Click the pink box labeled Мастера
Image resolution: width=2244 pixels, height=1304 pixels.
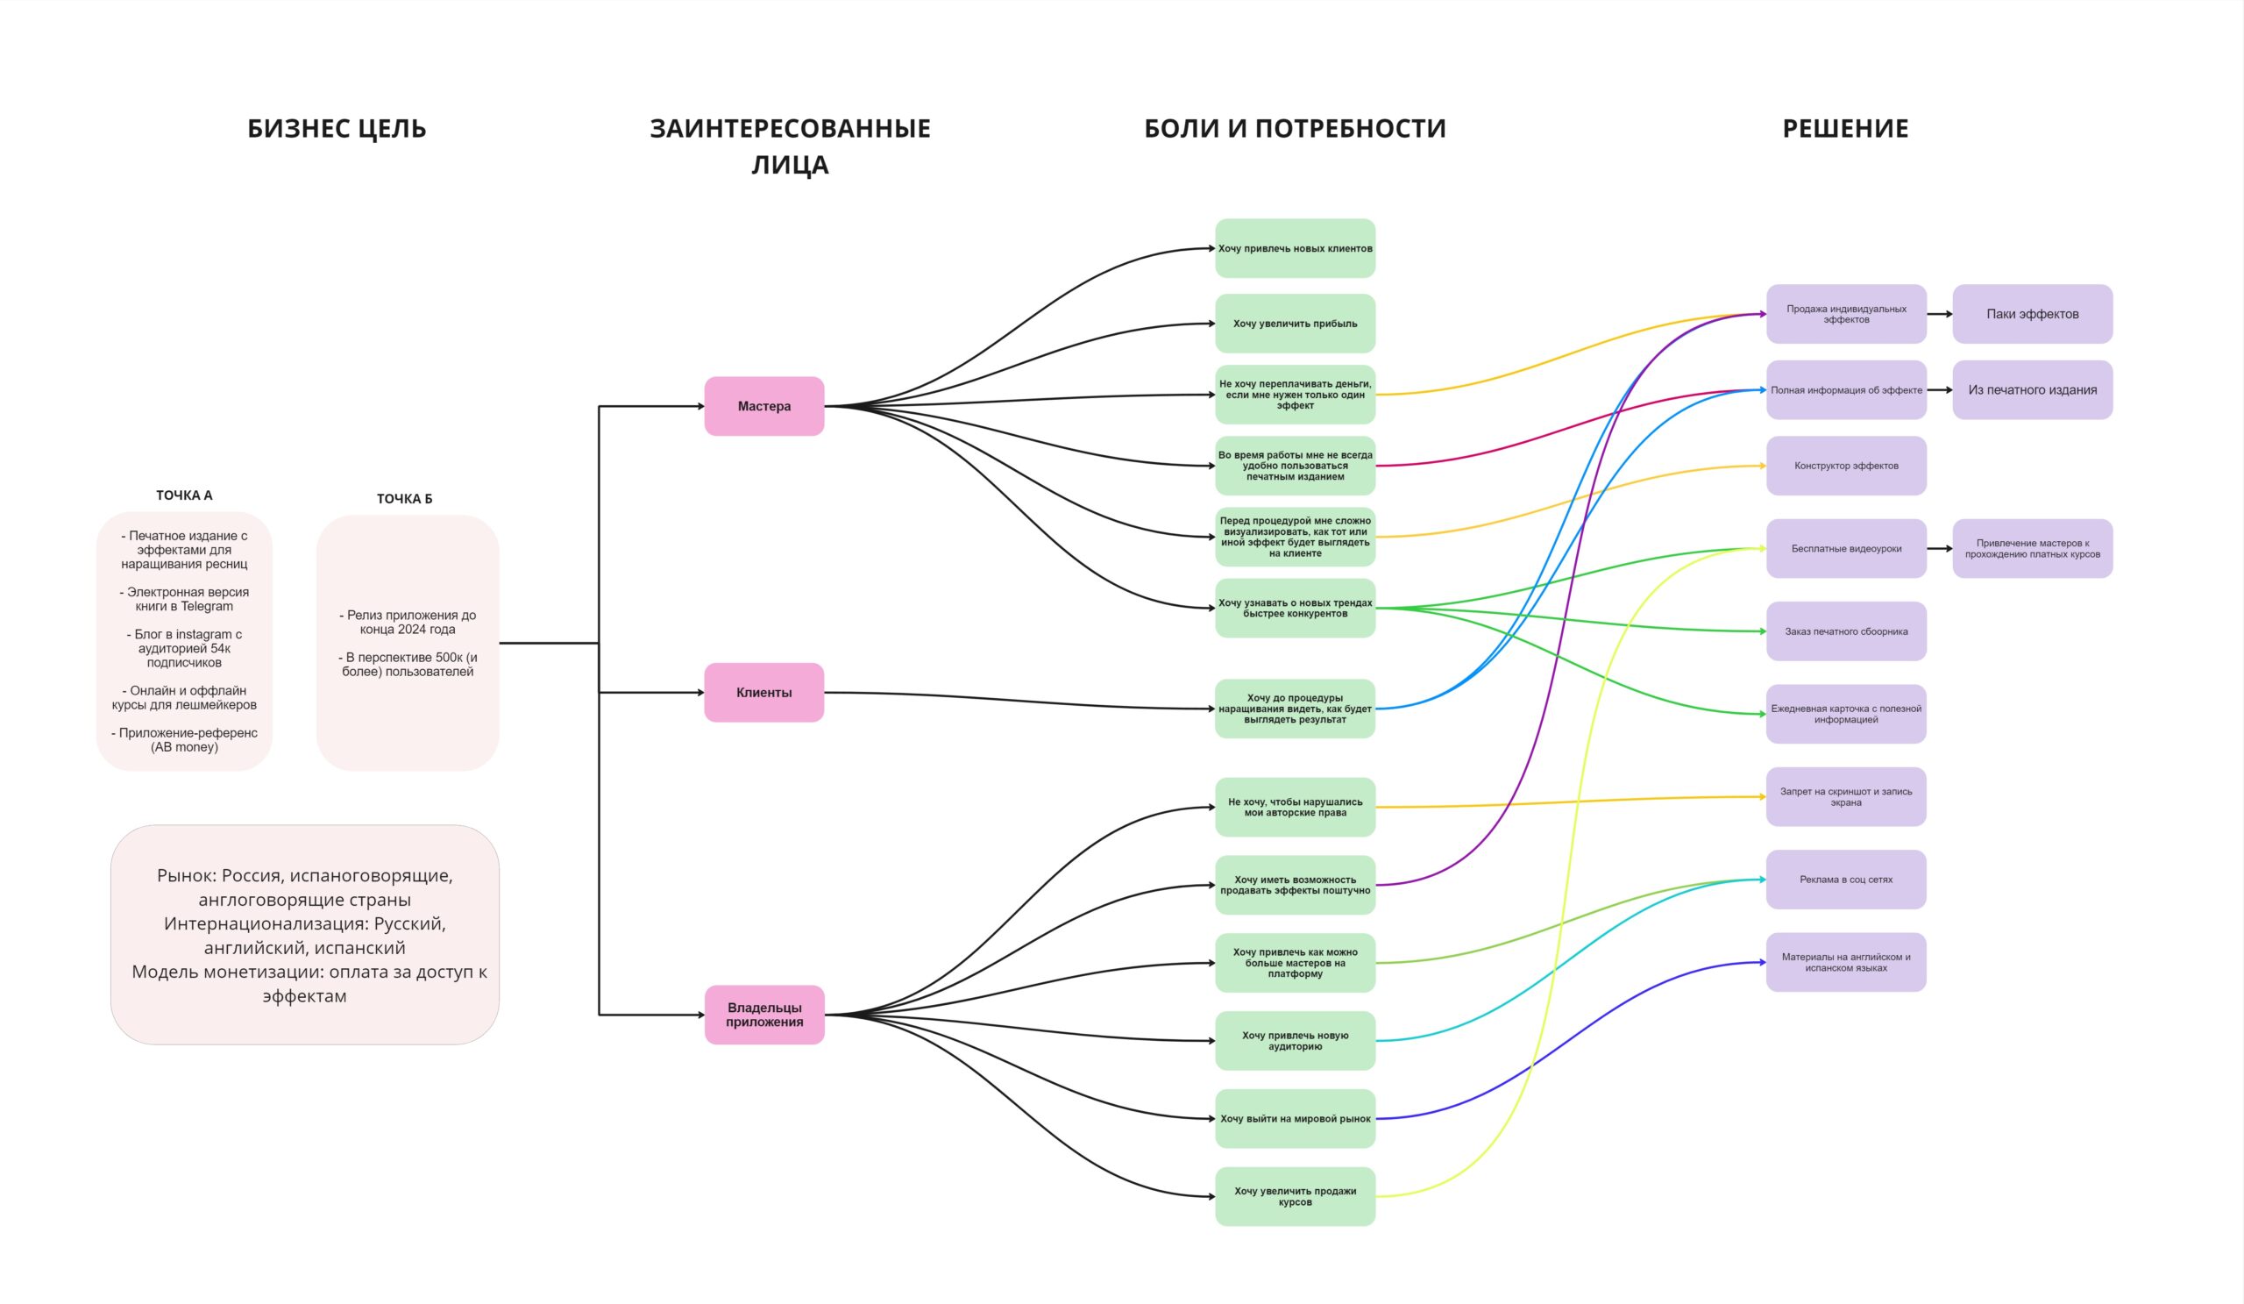[764, 406]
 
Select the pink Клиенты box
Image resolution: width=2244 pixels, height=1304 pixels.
[764, 692]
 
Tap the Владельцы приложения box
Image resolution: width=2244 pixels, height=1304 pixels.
[764, 1015]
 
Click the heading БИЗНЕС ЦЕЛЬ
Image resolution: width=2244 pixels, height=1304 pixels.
[337, 128]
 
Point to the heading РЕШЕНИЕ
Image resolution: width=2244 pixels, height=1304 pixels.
[1845, 128]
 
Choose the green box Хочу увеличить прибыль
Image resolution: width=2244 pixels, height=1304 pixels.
[1295, 324]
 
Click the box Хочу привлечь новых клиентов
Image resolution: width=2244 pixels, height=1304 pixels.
[1295, 248]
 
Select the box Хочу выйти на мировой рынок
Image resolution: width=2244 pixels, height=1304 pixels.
[1295, 1119]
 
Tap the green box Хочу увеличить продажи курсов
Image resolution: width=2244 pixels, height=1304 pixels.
[1295, 1196]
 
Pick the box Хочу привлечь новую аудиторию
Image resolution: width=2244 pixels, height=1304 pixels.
[1295, 1040]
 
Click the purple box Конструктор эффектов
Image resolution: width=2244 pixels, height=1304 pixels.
[1846, 466]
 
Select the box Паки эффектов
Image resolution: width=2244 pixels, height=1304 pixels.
[2032, 314]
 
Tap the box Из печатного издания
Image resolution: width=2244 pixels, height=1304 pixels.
[2032, 390]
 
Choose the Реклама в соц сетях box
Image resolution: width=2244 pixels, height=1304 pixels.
[1846, 880]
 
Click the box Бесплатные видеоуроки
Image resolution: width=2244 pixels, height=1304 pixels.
[1846, 549]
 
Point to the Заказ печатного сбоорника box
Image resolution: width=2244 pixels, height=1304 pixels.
[1846, 631]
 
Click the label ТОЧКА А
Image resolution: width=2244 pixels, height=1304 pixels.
[184, 495]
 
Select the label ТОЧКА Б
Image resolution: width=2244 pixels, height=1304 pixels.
[404, 499]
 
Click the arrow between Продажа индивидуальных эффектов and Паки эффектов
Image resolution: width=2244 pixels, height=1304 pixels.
[1940, 314]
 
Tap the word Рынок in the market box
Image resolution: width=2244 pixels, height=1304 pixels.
[186, 875]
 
